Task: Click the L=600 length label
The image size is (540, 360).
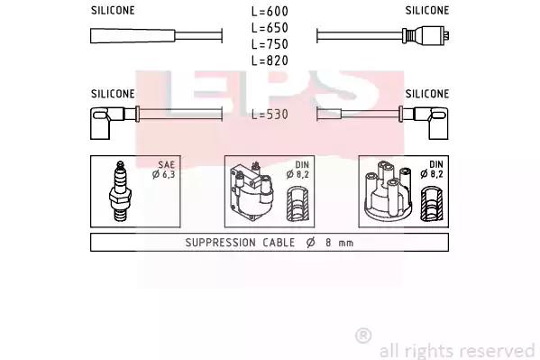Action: pos(270,12)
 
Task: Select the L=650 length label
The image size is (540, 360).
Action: pos(270,28)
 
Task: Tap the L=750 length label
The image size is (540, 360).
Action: pos(270,44)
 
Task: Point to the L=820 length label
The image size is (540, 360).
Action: pos(270,60)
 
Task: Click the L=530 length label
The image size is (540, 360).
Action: pos(270,115)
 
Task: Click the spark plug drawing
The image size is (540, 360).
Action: pos(120,191)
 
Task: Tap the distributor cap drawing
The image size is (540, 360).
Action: pos(389,191)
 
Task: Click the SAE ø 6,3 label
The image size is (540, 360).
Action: pos(164,170)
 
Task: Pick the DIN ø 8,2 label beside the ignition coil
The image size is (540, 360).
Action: pos(297,170)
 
